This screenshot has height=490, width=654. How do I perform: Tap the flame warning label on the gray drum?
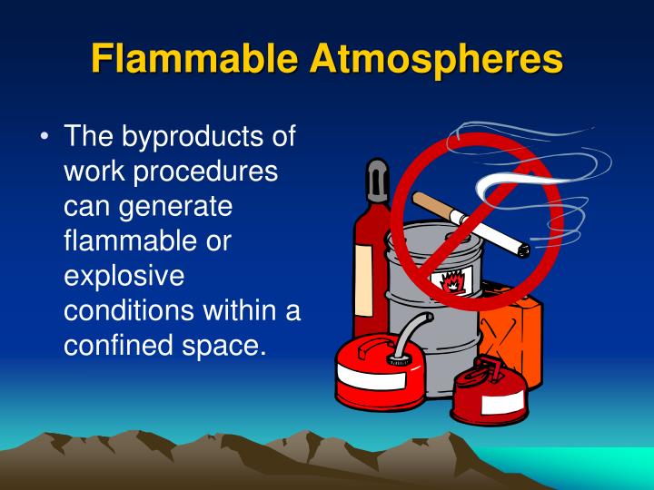coord(452,280)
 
